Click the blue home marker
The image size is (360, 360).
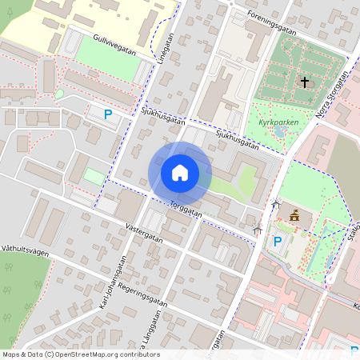tap(180, 172)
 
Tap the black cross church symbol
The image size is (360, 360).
tap(304, 82)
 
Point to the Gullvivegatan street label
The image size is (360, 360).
tap(114, 44)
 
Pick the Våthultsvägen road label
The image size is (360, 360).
tap(26, 250)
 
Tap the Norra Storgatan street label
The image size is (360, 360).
tap(332, 98)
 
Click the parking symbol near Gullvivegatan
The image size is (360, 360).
tap(108, 115)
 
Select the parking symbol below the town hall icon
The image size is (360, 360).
tap(278, 241)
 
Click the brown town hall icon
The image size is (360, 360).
tap(295, 214)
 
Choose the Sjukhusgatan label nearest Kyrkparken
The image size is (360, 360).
tap(237, 141)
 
